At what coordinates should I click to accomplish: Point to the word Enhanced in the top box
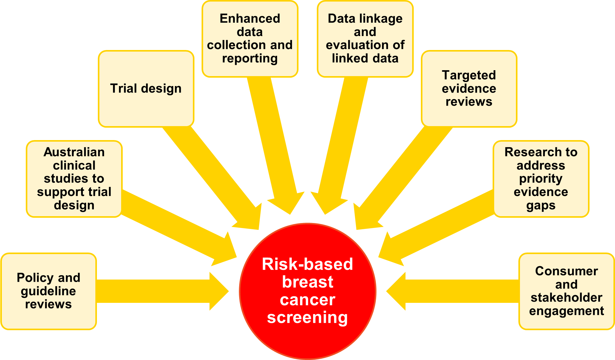[x=250, y=19]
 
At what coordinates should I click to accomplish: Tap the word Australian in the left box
[x=74, y=152]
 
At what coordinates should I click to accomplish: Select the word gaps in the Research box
[x=541, y=206]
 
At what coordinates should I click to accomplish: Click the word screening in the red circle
[x=307, y=317]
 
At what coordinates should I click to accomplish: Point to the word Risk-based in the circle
[x=307, y=264]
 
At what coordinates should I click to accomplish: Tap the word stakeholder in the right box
[x=567, y=298]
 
